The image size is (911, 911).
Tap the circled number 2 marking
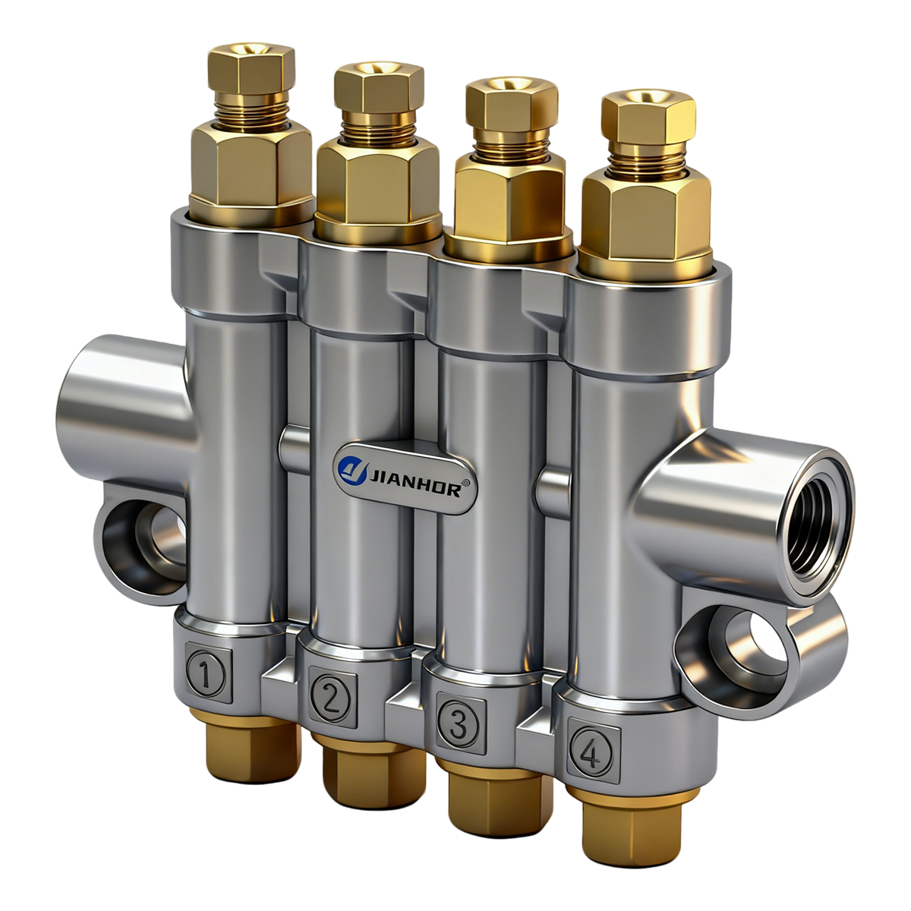(x=330, y=696)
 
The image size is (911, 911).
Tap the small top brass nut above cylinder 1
(x=252, y=71)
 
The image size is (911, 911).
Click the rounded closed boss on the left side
(x=121, y=402)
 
